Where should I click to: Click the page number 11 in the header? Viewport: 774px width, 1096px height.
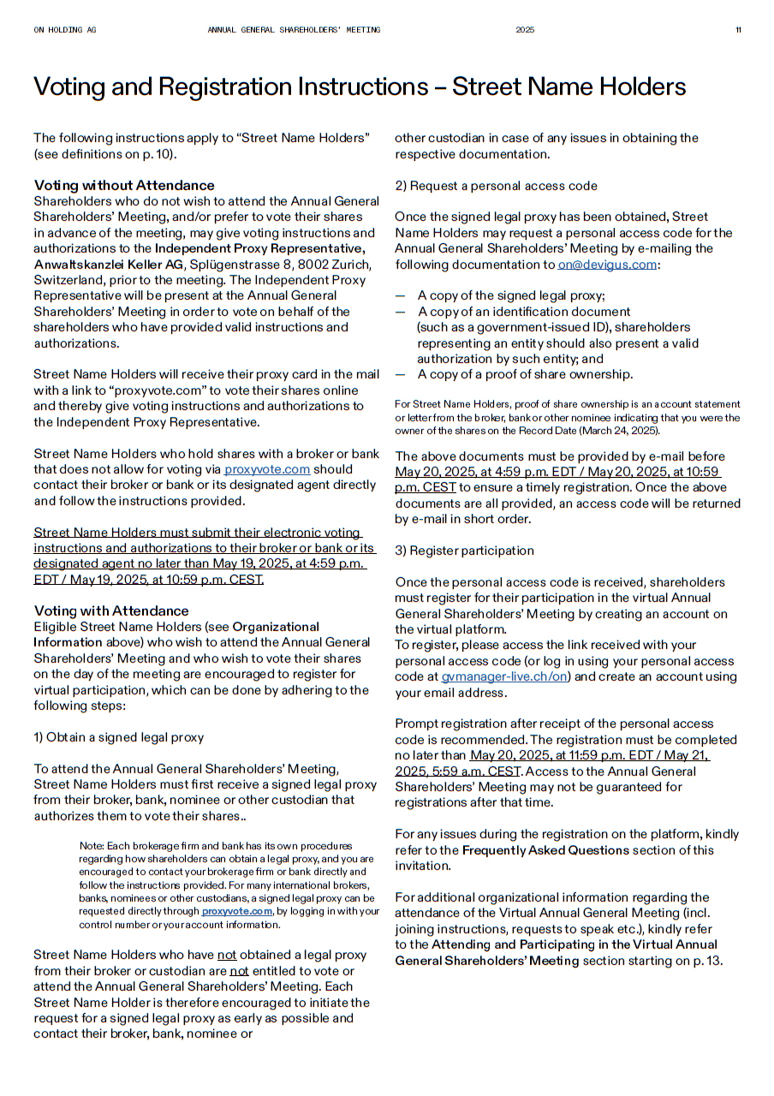coord(738,30)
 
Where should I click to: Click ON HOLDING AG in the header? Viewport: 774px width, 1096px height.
coord(65,30)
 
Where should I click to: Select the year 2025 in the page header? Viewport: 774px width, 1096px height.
coord(525,30)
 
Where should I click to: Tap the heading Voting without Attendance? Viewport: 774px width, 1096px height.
coord(124,185)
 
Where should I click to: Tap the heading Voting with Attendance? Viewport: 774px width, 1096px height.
coord(111,611)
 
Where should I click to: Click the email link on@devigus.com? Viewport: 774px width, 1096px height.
coord(607,265)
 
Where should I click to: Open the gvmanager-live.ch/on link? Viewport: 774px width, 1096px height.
coord(504,676)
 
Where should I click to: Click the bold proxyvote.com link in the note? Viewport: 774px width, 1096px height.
coord(238,911)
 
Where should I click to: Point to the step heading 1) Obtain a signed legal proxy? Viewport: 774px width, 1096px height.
coord(118,737)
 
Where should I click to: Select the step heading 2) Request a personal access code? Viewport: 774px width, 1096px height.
coord(496,186)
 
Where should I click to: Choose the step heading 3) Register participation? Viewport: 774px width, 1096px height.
coord(464,551)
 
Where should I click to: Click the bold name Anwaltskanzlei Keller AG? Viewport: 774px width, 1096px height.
coord(109,264)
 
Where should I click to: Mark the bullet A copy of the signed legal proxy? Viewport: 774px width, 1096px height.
coord(510,296)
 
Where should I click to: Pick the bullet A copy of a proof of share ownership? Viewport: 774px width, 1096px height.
coord(525,374)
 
